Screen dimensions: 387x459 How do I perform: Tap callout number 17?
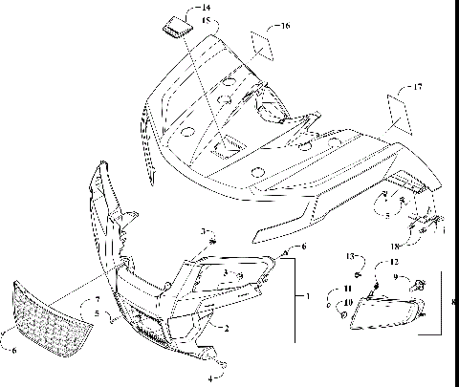pos(416,87)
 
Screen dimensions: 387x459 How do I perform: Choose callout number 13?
pos(350,255)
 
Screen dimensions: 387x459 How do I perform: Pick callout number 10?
pos(348,303)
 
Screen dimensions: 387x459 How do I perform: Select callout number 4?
pos(211,377)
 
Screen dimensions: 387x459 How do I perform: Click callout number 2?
pos(227,328)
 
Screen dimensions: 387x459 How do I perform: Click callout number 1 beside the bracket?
pos(306,297)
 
